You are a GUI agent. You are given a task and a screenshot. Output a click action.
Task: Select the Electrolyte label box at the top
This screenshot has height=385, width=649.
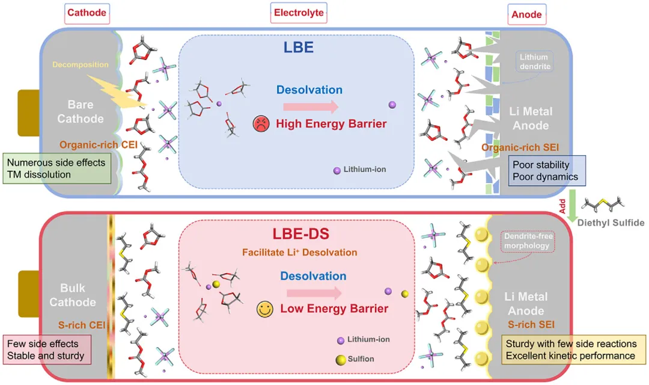(299, 13)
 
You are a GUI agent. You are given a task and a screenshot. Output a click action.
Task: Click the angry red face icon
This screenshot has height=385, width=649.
(260, 125)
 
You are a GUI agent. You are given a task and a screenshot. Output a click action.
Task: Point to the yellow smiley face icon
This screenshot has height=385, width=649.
(264, 309)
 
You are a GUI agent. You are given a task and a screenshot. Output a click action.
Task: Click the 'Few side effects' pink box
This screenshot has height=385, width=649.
(47, 350)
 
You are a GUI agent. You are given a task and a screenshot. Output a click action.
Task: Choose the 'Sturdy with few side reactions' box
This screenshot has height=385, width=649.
(570, 350)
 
